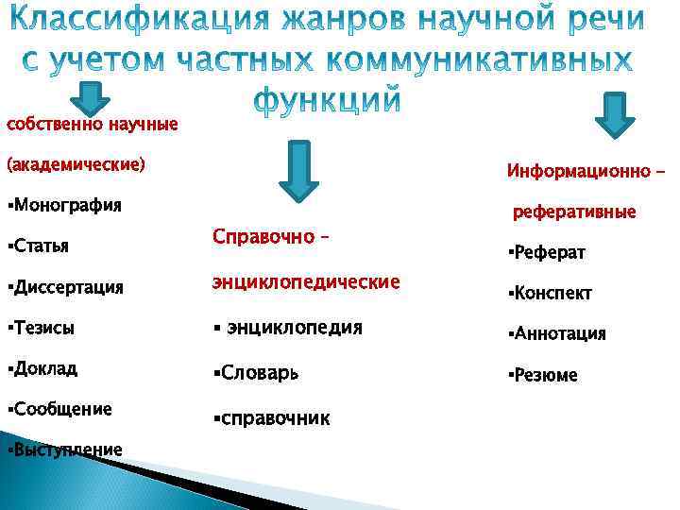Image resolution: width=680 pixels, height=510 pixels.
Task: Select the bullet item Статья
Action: tap(39, 246)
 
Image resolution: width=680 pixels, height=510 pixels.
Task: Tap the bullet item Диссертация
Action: tap(64, 287)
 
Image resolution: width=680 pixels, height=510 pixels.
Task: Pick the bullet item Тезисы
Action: tap(41, 328)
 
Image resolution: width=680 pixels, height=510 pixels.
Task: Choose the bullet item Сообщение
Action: tap(59, 409)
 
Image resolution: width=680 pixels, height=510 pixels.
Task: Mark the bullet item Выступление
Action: tap(63, 450)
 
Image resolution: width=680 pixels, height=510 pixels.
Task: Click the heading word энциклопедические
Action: tap(306, 282)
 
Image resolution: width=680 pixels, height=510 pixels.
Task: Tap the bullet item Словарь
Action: tap(255, 373)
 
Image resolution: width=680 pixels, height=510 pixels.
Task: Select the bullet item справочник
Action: tap(272, 416)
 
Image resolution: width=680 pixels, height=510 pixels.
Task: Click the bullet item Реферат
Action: tap(547, 253)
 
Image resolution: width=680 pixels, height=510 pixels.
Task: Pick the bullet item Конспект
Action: tap(550, 294)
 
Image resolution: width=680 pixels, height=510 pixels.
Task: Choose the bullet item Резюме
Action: tap(543, 375)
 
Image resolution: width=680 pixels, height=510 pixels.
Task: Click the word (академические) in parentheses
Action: tap(76, 164)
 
